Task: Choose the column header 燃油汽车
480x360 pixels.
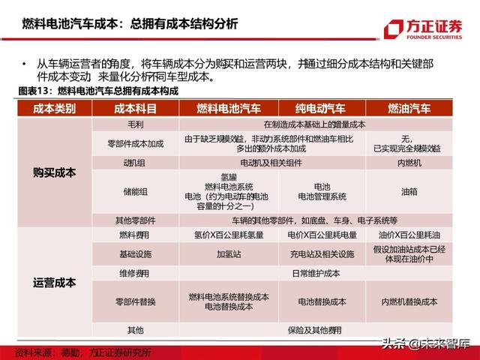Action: [409, 109]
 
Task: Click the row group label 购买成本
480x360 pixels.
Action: [55, 172]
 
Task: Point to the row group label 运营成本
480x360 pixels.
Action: [55, 283]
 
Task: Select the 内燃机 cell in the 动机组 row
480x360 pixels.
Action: [409, 162]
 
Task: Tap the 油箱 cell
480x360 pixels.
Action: [409, 191]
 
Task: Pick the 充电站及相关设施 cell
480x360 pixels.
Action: [322, 253]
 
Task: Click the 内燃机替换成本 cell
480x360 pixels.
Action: [409, 301]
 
